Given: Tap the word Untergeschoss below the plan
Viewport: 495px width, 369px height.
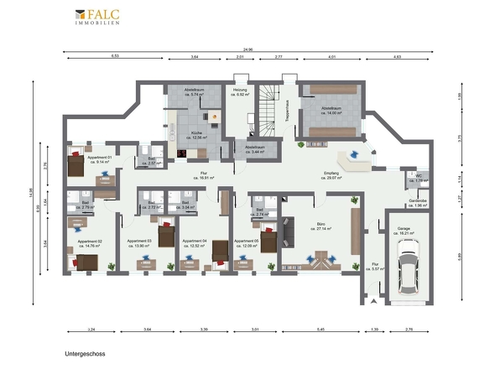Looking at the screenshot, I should coord(84,355).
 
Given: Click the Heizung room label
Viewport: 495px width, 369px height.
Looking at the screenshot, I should coord(241,92).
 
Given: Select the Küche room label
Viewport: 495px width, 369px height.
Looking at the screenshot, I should coord(195,134).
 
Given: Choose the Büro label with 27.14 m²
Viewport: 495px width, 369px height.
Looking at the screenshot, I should coord(320,226).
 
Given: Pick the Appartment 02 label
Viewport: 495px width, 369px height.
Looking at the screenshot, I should coord(89,243).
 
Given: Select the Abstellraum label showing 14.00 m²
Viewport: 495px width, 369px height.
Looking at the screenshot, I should coord(331,110).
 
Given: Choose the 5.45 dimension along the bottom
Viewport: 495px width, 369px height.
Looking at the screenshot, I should coord(319,330).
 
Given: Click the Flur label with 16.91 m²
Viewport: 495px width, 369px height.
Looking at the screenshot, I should coord(204,175).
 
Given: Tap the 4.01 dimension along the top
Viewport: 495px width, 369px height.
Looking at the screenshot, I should coord(332,56).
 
